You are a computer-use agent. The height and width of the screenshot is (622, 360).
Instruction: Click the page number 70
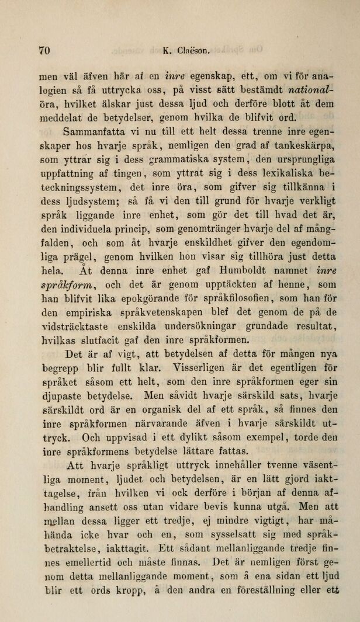(x=44, y=51)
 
